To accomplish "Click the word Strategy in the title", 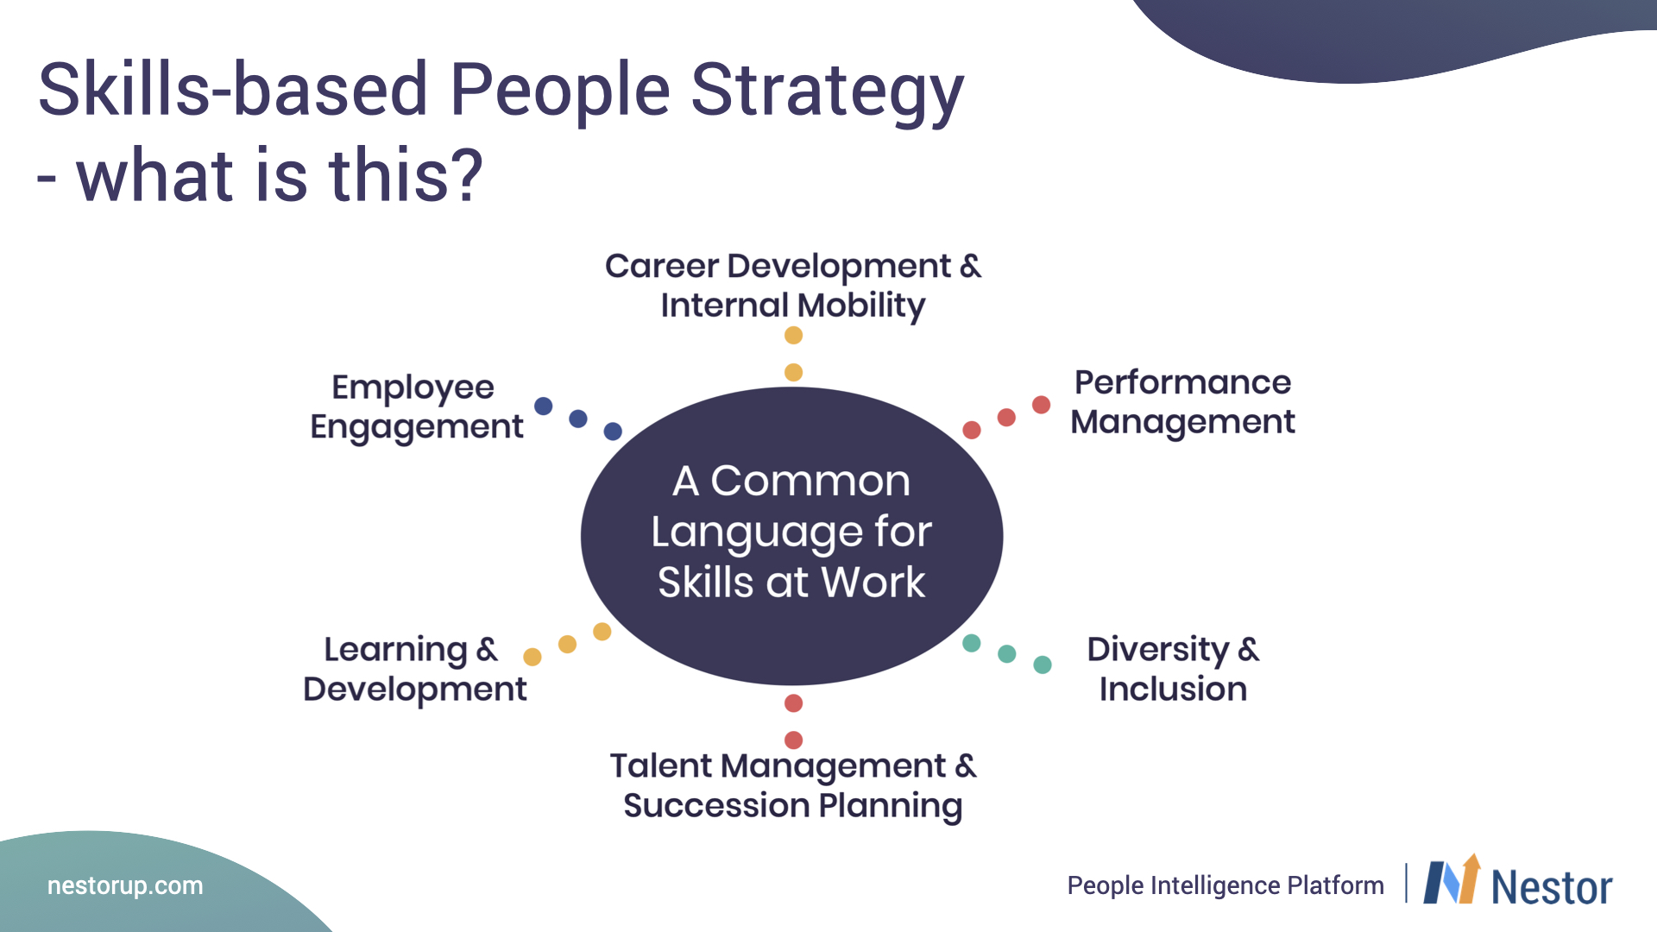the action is tap(827, 93).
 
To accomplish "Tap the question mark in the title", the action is tap(465, 174).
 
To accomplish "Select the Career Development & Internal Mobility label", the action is tap(793, 286).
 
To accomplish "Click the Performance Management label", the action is tap(1182, 402).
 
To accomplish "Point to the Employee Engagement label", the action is tap(417, 407).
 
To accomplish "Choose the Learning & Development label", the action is tap(414, 669).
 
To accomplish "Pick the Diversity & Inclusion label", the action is tap(1173, 669).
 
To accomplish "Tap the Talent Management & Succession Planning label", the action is tap(793, 786).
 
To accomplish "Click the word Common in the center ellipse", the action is tap(810, 481).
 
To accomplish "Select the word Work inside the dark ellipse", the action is tap(873, 582).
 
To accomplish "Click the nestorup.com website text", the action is tap(125, 885).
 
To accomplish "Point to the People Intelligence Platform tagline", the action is tap(1225, 885).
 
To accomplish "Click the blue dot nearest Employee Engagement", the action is tap(544, 406).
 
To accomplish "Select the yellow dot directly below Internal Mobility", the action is tap(794, 336).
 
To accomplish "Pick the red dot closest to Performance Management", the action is tap(1042, 405).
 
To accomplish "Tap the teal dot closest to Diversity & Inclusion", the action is tap(1043, 664).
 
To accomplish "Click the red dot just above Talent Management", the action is tap(794, 740).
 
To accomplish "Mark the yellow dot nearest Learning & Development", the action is tap(532, 658).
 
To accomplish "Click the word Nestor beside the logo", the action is tap(1552, 887).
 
